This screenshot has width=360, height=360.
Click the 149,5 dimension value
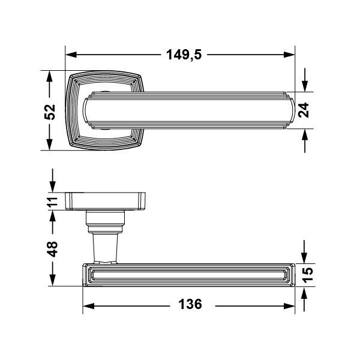[184, 55]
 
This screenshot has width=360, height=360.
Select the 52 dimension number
[50, 112]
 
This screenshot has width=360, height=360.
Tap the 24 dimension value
[304, 110]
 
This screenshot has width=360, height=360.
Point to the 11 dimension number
[53, 202]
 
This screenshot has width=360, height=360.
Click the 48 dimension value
[52, 249]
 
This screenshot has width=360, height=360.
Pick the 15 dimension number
[308, 275]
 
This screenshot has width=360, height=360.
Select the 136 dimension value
[190, 304]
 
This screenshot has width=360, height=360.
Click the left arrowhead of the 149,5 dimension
[71, 55]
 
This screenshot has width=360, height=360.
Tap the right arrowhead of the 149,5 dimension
[289, 55]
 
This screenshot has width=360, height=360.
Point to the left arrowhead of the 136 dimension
[88, 306]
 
